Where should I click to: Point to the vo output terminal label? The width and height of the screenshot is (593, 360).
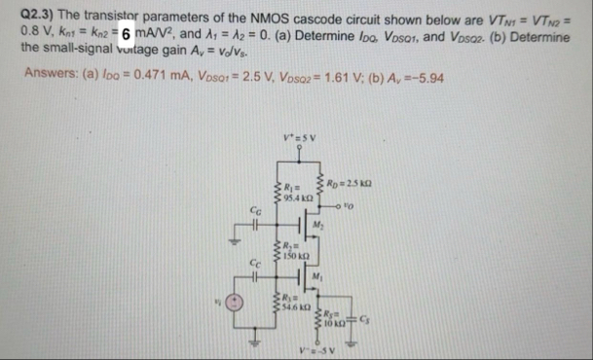click(375, 185)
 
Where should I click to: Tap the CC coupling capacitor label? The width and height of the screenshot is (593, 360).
click(256, 261)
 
